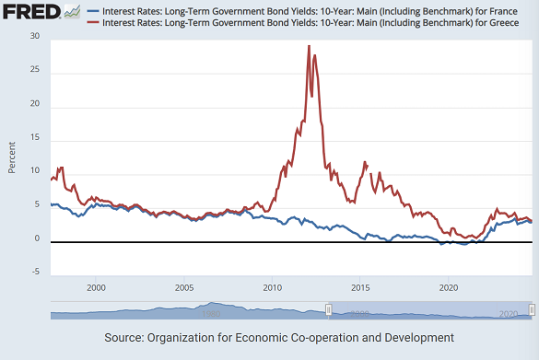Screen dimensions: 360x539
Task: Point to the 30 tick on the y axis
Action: [x=34, y=36]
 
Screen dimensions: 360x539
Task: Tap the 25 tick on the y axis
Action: [x=34, y=70]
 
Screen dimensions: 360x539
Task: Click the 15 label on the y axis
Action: [x=34, y=138]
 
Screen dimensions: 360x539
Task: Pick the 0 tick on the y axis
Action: [x=38, y=240]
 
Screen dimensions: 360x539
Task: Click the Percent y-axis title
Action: [x=12, y=157]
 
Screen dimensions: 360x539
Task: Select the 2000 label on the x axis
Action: [x=97, y=287]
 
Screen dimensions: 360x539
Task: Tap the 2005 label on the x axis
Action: [x=184, y=287]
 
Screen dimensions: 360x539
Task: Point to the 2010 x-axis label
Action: [x=273, y=287]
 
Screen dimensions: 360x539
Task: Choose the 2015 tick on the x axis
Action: [x=361, y=287]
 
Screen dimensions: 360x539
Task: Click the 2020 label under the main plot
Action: [x=449, y=287]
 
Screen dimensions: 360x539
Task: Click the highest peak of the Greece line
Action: [x=309, y=45]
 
